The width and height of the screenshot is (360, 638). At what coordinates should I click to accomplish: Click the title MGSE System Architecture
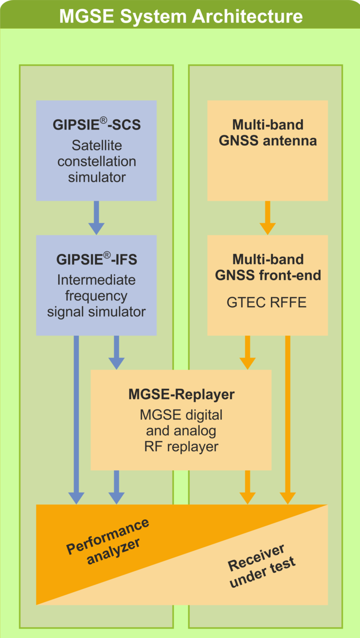coord(180,16)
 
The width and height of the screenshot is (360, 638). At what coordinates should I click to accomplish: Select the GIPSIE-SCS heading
coord(97,125)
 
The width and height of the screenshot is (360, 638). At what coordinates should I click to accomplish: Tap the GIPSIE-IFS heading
coord(97,259)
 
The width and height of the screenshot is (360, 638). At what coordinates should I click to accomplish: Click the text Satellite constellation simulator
coord(97,161)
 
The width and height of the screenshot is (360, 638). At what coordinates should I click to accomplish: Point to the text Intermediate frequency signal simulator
coord(97,296)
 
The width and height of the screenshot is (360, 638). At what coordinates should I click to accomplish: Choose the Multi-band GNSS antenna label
coord(268,133)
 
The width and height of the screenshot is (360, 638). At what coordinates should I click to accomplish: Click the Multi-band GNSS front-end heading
coord(268,267)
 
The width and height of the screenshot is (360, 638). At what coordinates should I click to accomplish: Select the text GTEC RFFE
coord(266,303)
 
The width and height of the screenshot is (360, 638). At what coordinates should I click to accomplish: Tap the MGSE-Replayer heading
coord(181,395)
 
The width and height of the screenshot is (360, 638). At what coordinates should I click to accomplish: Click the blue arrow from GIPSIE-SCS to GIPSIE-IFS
coord(97,217)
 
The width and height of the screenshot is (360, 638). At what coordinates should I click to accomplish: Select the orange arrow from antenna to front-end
coord(268,217)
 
